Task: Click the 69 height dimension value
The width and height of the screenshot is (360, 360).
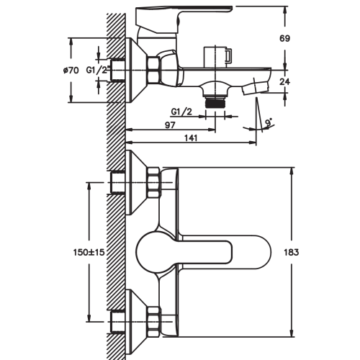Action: pyautogui.click(x=284, y=38)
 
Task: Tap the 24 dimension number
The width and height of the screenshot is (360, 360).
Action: pyautogui.click(x=284, y=81)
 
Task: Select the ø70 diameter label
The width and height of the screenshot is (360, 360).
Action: pyautogui.click(x=71, y=71)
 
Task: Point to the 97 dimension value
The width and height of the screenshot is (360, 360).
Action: pyautogui.click(x=170, y=125)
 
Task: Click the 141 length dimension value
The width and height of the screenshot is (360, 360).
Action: pyautogui.click(x=191, y=138)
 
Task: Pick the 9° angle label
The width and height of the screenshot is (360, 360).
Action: pyautogui.click(x=269, y=122)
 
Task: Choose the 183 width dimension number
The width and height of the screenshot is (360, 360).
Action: pyautogui.click(x=291, y=252)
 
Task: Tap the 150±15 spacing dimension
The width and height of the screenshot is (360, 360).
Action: pyautogui.click(x=89, y=252)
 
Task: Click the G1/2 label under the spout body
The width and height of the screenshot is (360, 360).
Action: pyautogui.click(x=181, y=112)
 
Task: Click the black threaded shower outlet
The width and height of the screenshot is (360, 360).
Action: pyautogui.click(x=215, y=103)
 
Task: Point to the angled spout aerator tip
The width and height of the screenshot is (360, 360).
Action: pyautogui.click(x=255, y=88)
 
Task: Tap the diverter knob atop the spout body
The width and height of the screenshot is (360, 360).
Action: pyautogui.click(x=218, y=56)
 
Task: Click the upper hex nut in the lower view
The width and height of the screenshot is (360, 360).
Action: pyautogui.click(x=154, y=182)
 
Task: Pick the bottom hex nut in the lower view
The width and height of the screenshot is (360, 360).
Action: pyautogui.click(x=154, y=321)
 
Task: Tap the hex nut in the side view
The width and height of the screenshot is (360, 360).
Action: pyautogui.click(x=153, y=71)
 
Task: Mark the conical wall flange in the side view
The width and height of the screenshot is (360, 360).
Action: pyautogui.click(x=136, y=71)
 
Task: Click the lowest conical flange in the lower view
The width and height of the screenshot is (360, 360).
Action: pyautogui.click(x=136, y=322)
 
